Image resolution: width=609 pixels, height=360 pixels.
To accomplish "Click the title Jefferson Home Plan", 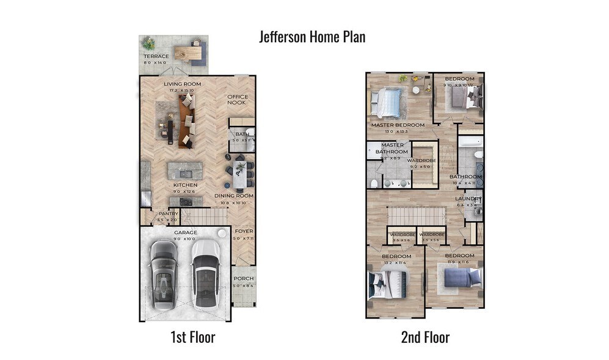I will click(x=312, y=37).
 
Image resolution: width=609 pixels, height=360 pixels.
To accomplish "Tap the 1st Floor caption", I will click(x=193, y=337).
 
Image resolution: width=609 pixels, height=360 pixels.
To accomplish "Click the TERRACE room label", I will click(x=156, y=56).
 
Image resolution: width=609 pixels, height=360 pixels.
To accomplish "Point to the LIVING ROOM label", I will click(x=182, y=84).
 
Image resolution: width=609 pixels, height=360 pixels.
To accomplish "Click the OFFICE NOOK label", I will click(x=237, y=100).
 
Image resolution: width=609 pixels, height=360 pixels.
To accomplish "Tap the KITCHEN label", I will click(x=184, y=184).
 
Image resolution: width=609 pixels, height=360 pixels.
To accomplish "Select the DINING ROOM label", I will click(x=234, y=196).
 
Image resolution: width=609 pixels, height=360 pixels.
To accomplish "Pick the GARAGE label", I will click(x=186, y=233).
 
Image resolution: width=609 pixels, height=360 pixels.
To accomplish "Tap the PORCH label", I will click(x=244, y=279).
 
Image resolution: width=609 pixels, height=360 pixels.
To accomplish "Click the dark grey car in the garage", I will click(x=164, y=273).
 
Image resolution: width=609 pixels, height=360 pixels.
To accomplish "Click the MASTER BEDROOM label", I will click(x=398, y=125).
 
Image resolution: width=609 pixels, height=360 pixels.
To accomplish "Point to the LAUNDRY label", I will click(x=469, y=199).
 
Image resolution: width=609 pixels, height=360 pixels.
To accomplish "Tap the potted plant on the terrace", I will click(x=148, y=44).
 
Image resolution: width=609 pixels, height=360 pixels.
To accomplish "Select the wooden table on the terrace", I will click(x=189, y=53).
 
